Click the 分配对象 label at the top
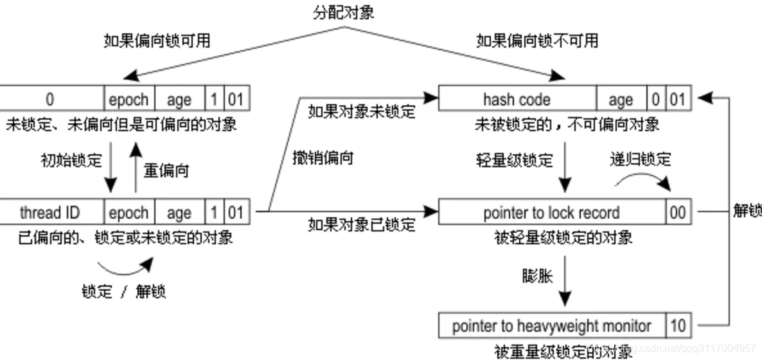(x=344, y=12)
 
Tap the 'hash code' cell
(x=517, y=100)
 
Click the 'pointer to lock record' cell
(x=551, y=213)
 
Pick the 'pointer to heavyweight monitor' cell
(x=551, y=326)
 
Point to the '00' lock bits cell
(x=678, y=213)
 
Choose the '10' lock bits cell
(x=678, y=326)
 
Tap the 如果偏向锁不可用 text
(x=536, y=41)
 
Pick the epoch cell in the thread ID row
(x=128, y=212)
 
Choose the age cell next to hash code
(x=621, y=100)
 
